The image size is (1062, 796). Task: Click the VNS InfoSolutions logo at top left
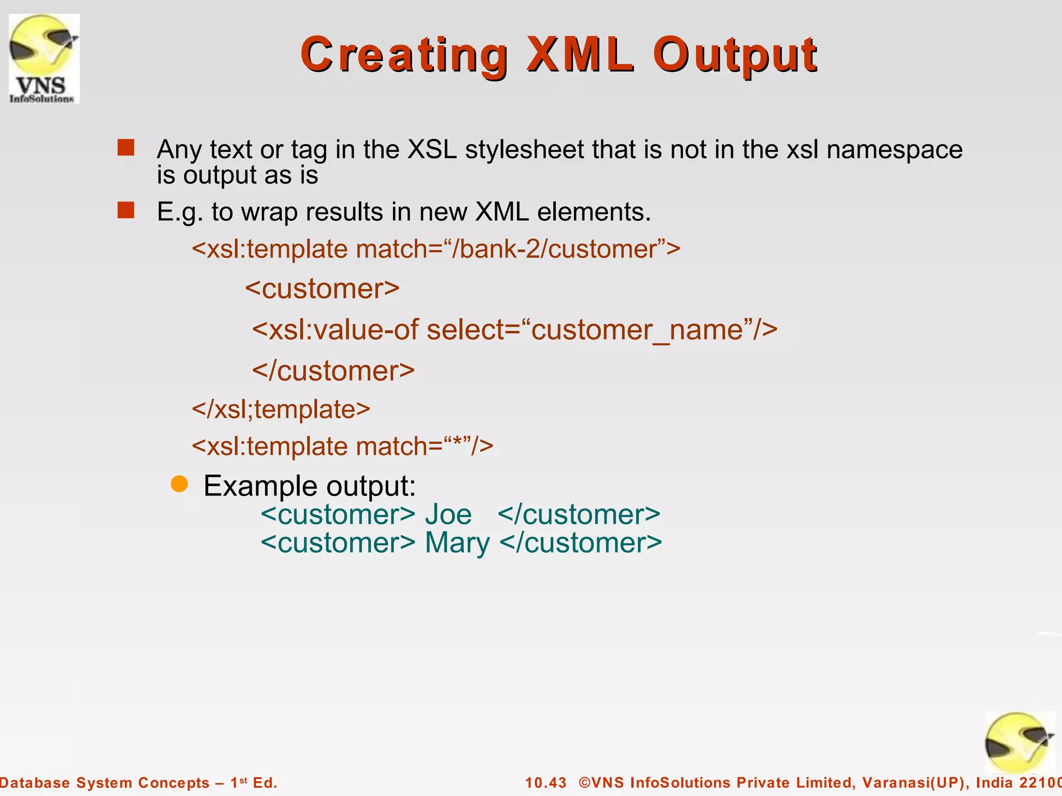pos(44,59)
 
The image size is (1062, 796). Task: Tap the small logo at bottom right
pos(1018,743)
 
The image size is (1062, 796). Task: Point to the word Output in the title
pos(734,56)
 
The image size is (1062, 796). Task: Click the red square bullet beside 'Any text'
pos(125,148)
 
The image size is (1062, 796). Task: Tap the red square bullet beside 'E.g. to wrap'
pos(125,210)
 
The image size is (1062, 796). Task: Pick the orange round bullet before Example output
pos(179,484)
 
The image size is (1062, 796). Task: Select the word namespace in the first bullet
pos(894,150)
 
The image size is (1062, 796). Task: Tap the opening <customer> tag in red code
pos(322,289)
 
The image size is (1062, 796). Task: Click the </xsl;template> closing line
pos(281,409)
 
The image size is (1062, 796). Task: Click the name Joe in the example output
pos(448,515)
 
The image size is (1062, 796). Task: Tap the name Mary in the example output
pos(457,544)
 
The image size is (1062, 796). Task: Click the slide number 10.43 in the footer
pos(546,783)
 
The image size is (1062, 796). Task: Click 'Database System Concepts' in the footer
pos(104,783)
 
